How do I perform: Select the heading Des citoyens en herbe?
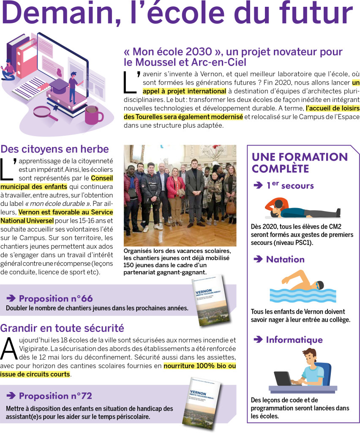55,149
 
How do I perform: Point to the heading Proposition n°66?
55,299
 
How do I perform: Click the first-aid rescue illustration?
302,208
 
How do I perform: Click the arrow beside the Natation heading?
258,260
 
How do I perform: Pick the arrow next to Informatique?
258,340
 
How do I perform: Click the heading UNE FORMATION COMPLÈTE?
300,163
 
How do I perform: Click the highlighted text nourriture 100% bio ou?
199,366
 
